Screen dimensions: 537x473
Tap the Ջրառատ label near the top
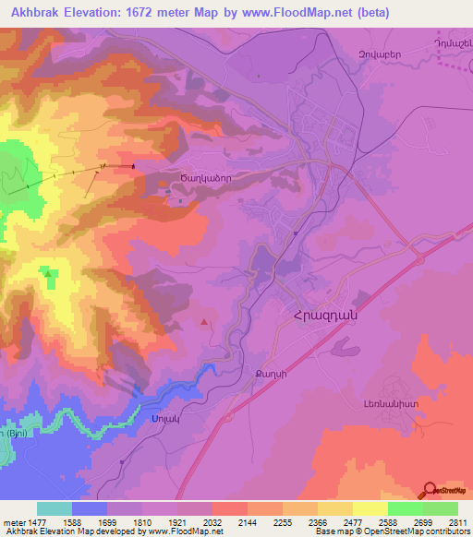tap(380, 54)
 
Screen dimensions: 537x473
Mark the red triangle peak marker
tap(204, 322)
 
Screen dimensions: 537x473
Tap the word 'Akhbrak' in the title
tap(36, 13)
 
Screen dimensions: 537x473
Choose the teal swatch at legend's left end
tap(54, 508)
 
